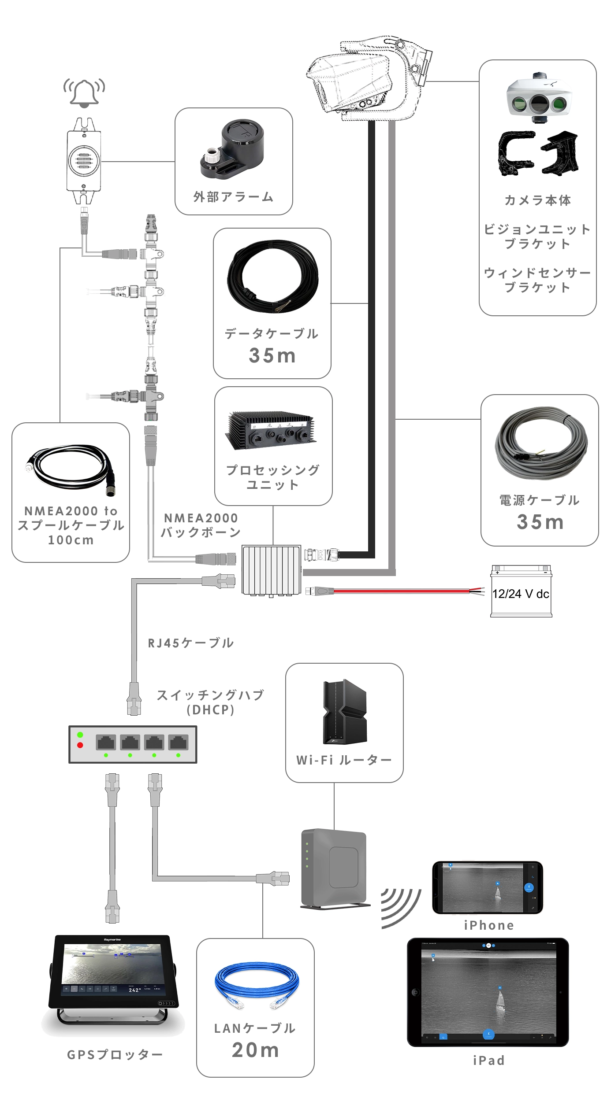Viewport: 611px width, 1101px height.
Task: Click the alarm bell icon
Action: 84,92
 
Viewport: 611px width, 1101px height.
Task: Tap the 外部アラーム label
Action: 233,197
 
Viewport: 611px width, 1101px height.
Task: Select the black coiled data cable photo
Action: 272,277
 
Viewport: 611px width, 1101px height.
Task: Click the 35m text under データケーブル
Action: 272,355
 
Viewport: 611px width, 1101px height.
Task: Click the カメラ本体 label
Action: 538,200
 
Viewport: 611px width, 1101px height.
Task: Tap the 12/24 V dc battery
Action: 521,592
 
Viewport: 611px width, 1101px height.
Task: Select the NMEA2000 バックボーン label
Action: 201,525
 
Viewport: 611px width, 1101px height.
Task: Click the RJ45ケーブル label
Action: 190,643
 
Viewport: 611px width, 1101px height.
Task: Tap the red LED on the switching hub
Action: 80,745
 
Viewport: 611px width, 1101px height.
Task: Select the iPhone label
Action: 489,925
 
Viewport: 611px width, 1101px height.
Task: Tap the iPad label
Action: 489,1060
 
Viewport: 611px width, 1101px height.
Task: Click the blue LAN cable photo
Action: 256,985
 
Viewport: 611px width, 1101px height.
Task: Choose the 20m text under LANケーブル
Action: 256,1050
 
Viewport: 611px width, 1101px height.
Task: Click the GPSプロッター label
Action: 115,1055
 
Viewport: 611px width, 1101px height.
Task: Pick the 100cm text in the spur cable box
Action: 71,540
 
